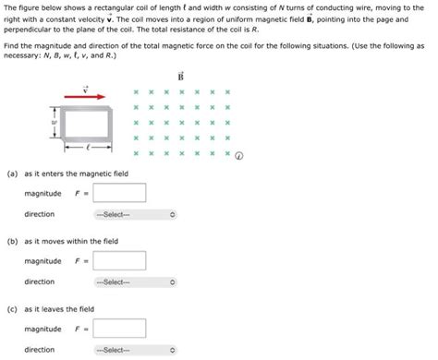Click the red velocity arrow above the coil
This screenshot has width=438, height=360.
click(x=88, y=93)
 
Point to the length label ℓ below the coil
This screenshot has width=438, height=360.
click(x=89, y=146)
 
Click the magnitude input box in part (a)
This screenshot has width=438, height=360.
click(x=119, y=193)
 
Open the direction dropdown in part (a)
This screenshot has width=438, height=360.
click(x=133, y=214)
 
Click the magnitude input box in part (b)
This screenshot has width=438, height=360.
click(x=119, y=261)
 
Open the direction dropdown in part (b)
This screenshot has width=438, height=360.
click(x=133, y=282)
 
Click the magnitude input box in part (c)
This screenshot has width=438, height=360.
click(x=119, y=329)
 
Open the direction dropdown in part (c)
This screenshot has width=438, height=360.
click(x=133, y=350)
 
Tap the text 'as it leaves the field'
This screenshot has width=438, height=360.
click(x=59, y=309)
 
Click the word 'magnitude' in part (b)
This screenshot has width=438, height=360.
click(x=43, y=261)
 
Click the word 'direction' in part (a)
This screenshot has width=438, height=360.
click(x=39, y=214)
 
